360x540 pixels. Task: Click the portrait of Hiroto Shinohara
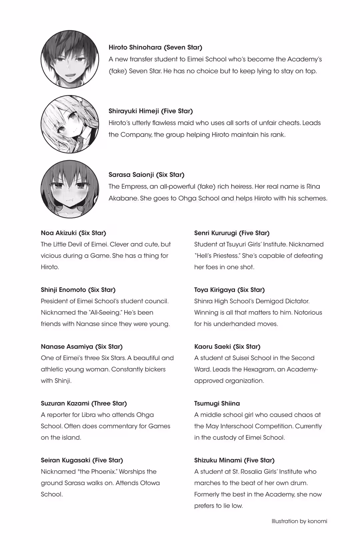click(x=70, y=59)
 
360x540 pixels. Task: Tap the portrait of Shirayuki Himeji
click(x=70, y=124)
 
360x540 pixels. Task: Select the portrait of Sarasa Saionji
click(x=70, y=189)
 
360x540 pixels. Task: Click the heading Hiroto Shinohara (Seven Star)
click(x=155, y=47)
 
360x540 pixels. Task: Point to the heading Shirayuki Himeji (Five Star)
click(x=151, y=111)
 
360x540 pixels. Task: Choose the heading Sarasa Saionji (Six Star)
click(x=146, y=175)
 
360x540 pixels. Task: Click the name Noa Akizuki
click(x=59, y=233)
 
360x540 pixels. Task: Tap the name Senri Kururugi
click(x=215, y=233)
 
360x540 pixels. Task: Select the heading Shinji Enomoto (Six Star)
click(x=78, y=290)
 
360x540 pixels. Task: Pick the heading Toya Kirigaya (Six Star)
click(x=229, y=290)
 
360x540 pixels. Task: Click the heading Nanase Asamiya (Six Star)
click(x=82, y=347)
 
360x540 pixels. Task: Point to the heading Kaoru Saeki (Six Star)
click(x=227, y=347)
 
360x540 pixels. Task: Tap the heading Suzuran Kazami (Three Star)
click(x=84, y=403)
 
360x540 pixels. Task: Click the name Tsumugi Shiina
click(x=217, y=403)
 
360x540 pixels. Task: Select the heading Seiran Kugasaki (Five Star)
click(x=82, y=460)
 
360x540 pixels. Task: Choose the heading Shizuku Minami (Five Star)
click(x=234, y=460)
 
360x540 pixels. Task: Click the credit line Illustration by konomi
click(x=299, y=521)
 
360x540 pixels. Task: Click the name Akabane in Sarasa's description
click(x=123, y=198)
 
